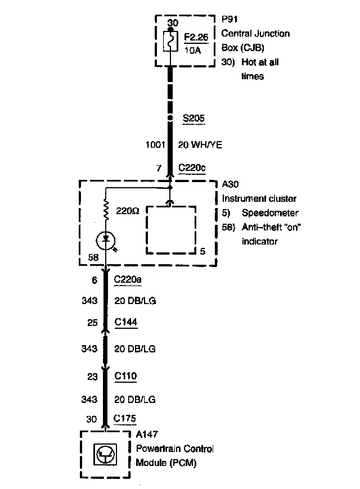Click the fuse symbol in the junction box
(170, 41)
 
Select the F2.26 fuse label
(196, 37)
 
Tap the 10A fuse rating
(192, 50)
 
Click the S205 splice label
(193, 118)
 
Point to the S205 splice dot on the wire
(170, 118)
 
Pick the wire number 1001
(155, 144)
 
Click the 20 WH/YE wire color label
(200, 144)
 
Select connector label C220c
(192, 168)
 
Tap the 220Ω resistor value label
(128, 211)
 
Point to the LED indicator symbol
(106, 241)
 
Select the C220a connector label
(127, 279)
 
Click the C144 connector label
(126, 322)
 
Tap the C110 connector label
(125, 376)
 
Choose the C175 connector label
(125, 418)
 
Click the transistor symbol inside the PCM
(105, 455)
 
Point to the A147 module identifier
(147, 434)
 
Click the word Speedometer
(270, 213)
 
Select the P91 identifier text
(229, 19)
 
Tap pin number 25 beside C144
(92, 323)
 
